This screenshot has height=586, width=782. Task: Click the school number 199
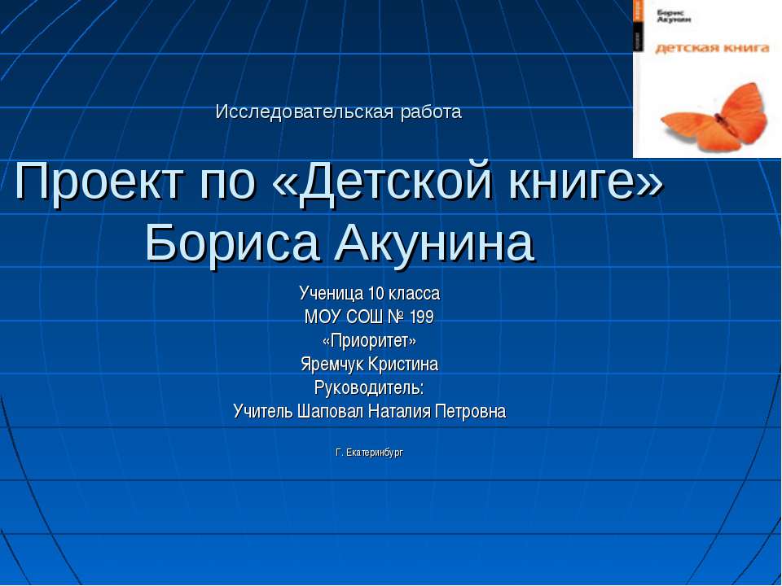point(421,317)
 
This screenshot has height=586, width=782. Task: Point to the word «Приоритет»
point(369,340)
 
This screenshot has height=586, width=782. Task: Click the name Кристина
point(405,364)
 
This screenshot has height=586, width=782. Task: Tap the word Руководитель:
point(369,387)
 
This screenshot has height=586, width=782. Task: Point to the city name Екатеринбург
point(375,452)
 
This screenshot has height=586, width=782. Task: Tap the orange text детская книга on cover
point(712,48)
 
